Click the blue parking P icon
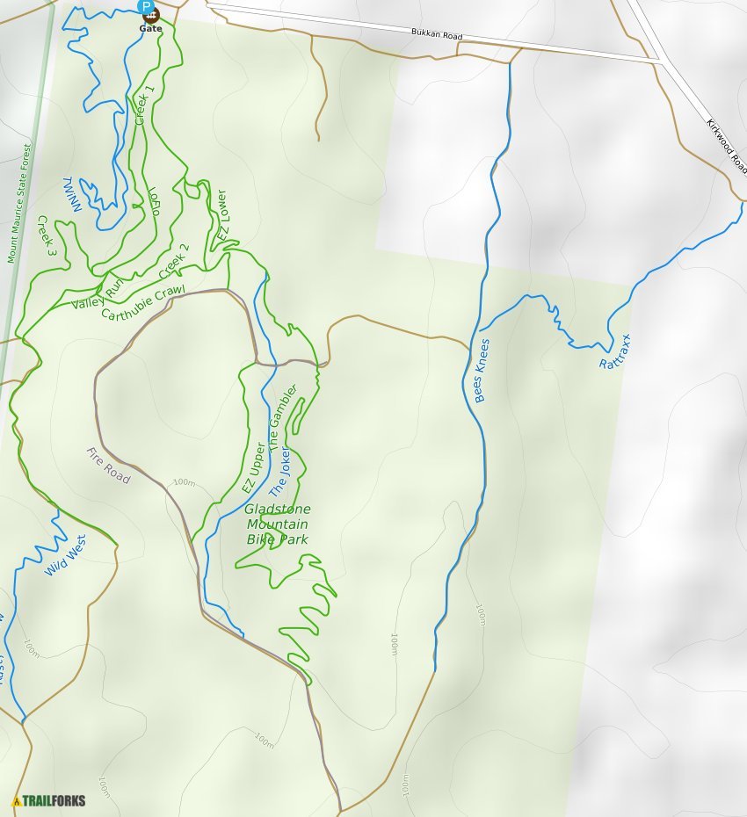tap(149, 5)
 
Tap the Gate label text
tap(150, 28)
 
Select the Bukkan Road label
tap(436, 35)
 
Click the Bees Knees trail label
tap(482, 371)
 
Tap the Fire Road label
tap(108, 466)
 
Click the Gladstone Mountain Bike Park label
tap(278, 524)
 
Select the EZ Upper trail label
tap(254, 469)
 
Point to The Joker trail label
tap(279, 475)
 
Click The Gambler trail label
tap(284, 418)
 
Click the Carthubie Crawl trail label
tap(143, 302)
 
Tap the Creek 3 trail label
tap(47, 235)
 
